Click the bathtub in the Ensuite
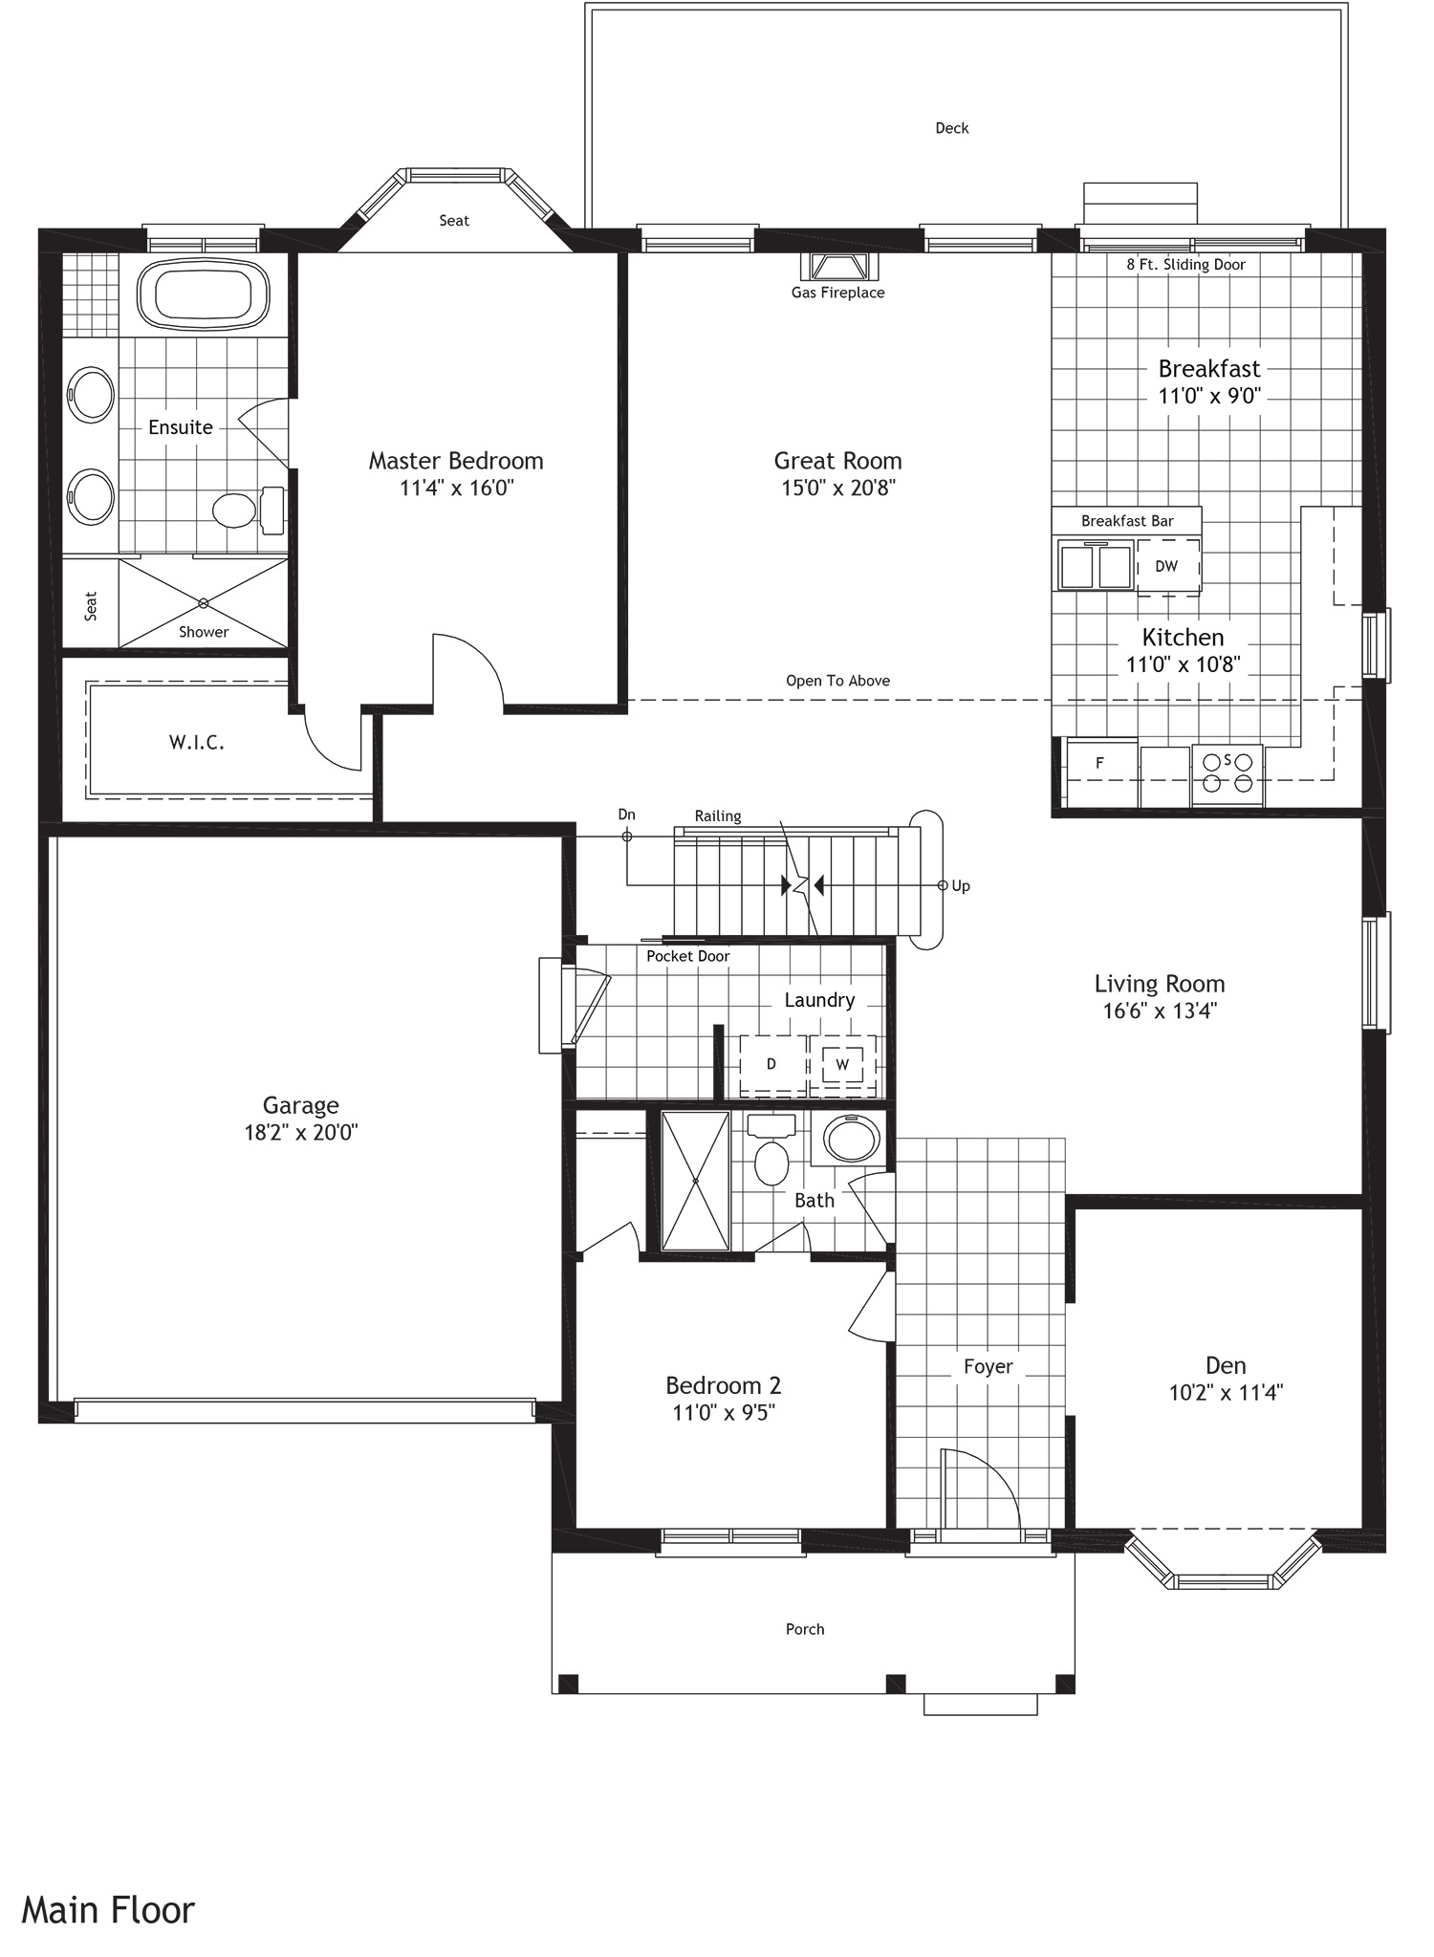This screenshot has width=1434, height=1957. (x=202, y=294)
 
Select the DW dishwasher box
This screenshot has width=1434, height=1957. (x=1167, y=566)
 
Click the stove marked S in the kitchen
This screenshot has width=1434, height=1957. (x=1228, y=772)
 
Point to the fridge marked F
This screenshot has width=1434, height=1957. (x=1101, y=763)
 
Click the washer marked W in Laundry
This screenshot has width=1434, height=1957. (x=842, y=1064)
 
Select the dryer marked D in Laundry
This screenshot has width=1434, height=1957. (x=771, y=1064)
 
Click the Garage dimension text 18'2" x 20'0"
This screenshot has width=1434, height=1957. (x=301, y=1133)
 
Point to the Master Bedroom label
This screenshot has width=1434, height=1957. (x=456, y=461)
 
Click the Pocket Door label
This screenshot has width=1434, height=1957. (x=687, y=956)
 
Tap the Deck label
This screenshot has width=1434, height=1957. (x=951, y=128)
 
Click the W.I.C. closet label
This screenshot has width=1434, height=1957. (x=197, y=743)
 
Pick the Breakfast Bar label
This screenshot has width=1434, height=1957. (x=1127, y=521)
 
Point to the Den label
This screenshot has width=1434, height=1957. (x=1225, y=1365)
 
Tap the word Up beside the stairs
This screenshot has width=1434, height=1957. (x=961, y=886)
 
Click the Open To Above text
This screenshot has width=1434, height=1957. (x=837, y=681)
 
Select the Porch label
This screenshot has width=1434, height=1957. (x=804, y=1629)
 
